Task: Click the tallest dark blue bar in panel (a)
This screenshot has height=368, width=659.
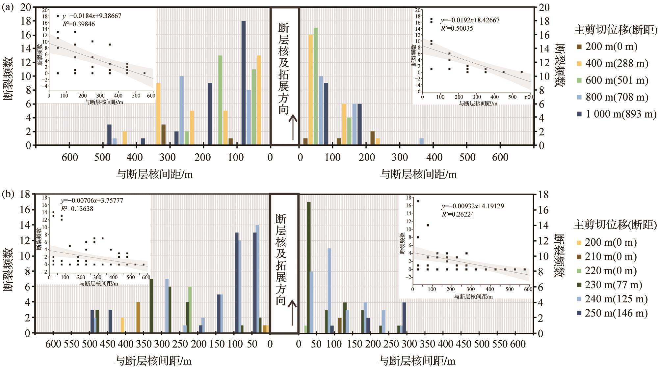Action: tap(244, 83)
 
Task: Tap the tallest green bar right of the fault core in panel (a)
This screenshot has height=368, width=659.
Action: tap(316, 86)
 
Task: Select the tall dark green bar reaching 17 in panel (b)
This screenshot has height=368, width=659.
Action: tap(309, 267)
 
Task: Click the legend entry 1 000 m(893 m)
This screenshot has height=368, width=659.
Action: tap(616, 114)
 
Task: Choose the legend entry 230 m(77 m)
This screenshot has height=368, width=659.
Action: tap(611, 285)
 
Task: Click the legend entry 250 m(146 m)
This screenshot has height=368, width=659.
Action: tap(612, 313)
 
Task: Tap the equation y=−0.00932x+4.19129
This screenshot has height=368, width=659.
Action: tap(472, 206)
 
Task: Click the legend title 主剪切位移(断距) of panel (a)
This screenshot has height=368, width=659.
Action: tap(616, 30)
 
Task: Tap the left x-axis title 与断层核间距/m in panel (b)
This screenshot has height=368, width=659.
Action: tap(153, 360)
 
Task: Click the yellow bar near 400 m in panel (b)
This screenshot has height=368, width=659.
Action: tap(122, 325)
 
